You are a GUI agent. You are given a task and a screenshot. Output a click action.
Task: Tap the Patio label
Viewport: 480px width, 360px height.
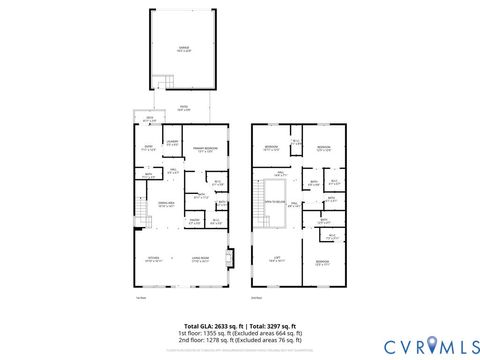pos(184,108)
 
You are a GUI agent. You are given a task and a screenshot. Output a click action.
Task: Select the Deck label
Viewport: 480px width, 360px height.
pos(149,120)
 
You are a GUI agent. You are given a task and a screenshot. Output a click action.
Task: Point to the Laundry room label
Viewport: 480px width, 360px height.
pos(172,143)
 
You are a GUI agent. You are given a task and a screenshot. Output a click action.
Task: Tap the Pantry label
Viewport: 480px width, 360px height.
pos(194,220)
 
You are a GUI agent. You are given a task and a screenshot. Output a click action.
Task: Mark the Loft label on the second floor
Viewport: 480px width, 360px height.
pos(275,258)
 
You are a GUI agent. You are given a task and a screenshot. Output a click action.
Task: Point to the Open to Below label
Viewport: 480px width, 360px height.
pos(273,202)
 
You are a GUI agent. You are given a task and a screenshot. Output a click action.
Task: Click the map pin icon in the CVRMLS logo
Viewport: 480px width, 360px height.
pos(431,346)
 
